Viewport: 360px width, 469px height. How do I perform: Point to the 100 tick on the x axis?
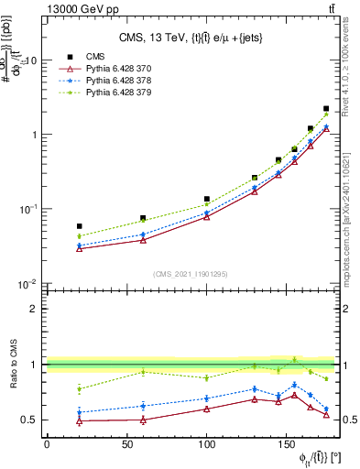pos(207,444)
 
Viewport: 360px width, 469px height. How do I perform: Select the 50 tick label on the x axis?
pos(126,444)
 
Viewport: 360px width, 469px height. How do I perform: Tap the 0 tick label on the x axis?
pos(47,444)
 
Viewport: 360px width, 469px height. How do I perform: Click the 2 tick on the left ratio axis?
pos(35,309)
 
